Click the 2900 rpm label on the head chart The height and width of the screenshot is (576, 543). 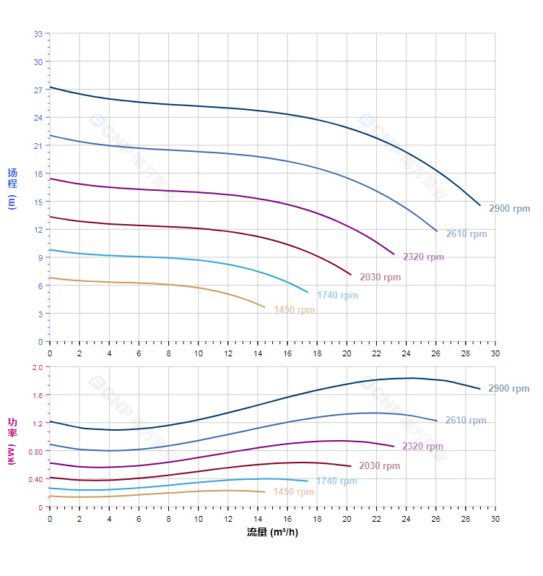click(x=509, y=209)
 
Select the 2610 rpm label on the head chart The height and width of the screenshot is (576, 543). click(x=466, y=234)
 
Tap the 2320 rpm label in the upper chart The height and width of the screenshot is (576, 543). click(x=423, y=257)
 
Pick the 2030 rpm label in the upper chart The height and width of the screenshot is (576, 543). click(x=380, y=278)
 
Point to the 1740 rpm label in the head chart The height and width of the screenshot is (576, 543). click(x=337, y=296)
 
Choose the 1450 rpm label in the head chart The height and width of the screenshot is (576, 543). click(x=294, y=311)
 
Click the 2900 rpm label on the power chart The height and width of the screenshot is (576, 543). click(x=508, y=389)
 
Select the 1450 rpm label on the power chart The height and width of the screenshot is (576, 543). click(x=293, y=492)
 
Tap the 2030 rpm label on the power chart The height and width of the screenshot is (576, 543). click(x=379, y=466)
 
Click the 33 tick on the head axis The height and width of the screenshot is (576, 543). click(x=38, y=34)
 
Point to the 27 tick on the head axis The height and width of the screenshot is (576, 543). click(x=38, y=90)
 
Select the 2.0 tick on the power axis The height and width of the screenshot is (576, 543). click(x=38, y=367)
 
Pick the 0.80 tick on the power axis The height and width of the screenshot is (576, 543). click(x=35, y=452)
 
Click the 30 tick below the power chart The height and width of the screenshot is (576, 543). click(x=495, y=518)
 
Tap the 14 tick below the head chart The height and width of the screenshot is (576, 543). click(x=258, y=353)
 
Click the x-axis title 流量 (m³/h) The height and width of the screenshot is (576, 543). click(x=272, y=533)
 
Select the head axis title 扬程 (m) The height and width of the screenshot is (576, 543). click(x=12, y=188)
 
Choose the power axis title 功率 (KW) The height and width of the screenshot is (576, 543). click(x=12, y=441)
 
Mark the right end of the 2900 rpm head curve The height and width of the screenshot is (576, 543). click(x=479, y=205)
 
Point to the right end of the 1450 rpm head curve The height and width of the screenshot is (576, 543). click(x=265, y=307)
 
